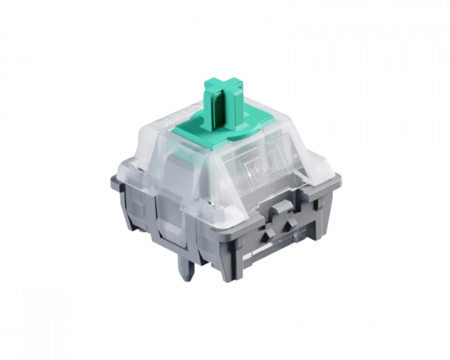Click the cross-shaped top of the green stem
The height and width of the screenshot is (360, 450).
[222, 87]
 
